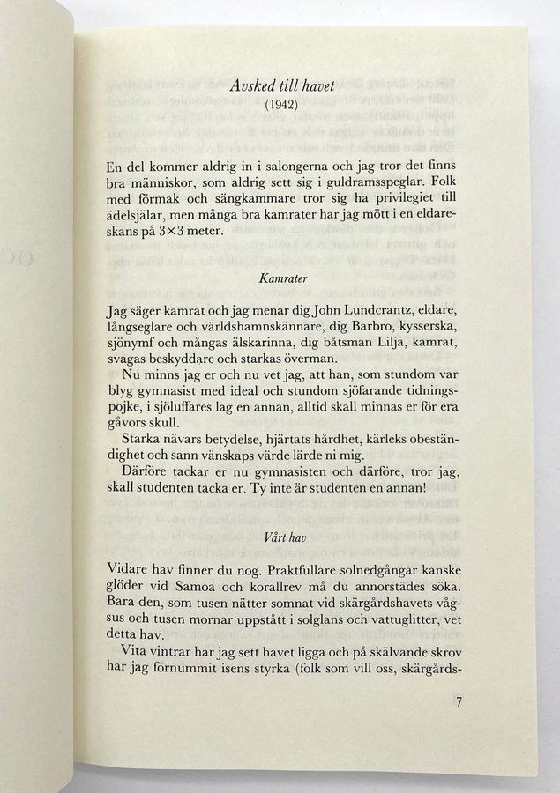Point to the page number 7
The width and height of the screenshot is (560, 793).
coord(458,703)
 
